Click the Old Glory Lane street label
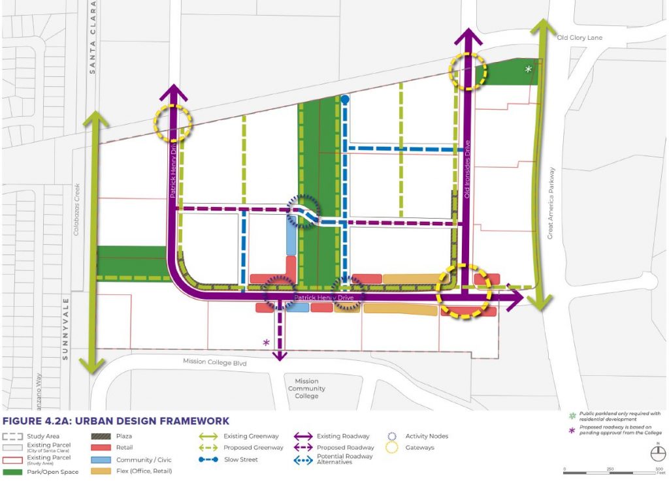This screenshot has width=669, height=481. click(578, 37)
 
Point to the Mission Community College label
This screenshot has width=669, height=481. click(306, 388)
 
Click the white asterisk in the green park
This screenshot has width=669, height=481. click(529, 69)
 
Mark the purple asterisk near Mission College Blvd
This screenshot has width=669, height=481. click(266, 342)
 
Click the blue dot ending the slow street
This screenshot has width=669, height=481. click(344, 99)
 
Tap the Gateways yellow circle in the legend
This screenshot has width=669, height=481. click(393, 448)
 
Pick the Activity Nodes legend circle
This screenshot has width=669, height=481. click(393, 436)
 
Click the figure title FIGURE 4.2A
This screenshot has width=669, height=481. click(117, 421)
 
